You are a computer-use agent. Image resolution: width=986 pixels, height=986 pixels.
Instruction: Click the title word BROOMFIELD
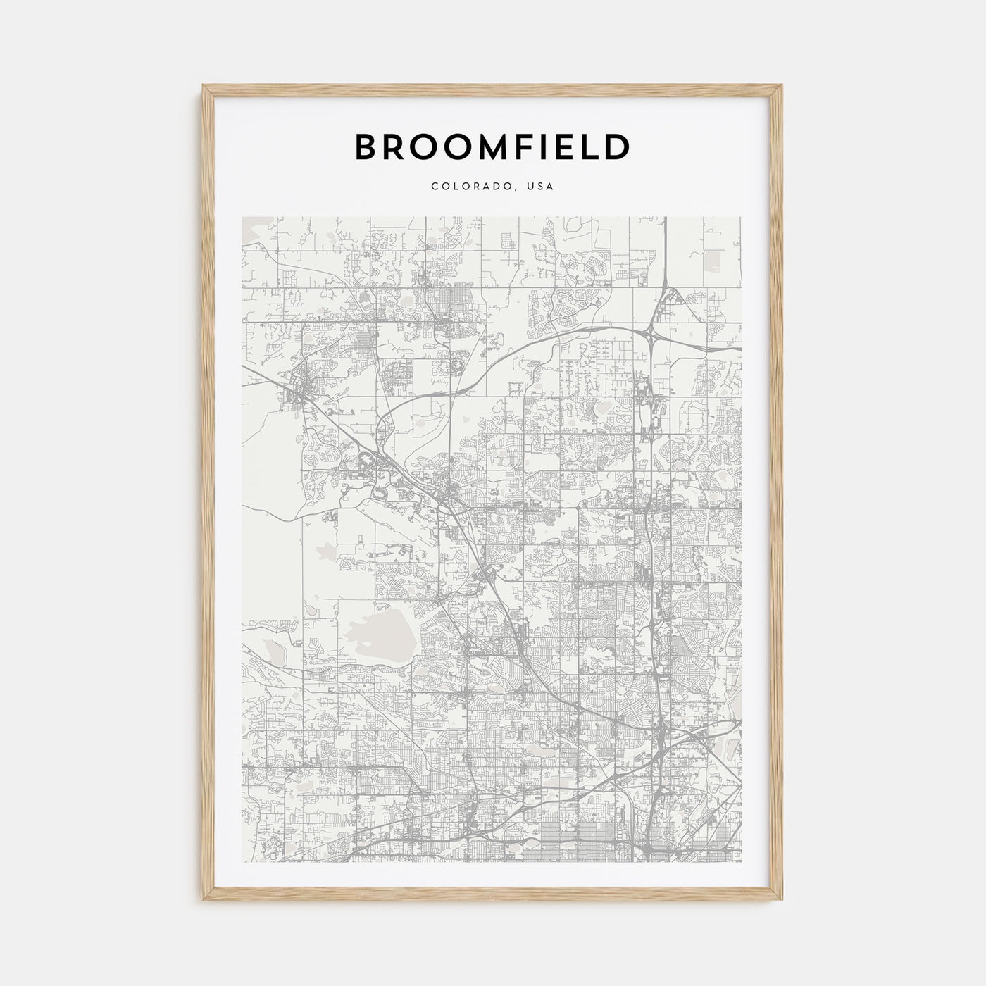[492, 146]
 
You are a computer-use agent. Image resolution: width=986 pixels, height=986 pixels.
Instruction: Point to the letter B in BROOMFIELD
[367, 146]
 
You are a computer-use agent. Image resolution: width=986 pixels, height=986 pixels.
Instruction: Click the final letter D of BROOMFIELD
[617, 146]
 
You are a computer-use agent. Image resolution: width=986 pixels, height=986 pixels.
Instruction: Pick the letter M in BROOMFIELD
[487, 146]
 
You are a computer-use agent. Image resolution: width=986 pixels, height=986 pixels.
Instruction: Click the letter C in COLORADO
[435, 187]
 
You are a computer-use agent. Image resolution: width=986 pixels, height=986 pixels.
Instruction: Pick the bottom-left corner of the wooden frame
[204, 901]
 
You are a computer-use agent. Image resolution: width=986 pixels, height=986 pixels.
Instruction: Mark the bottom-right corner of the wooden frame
[782, 901]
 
